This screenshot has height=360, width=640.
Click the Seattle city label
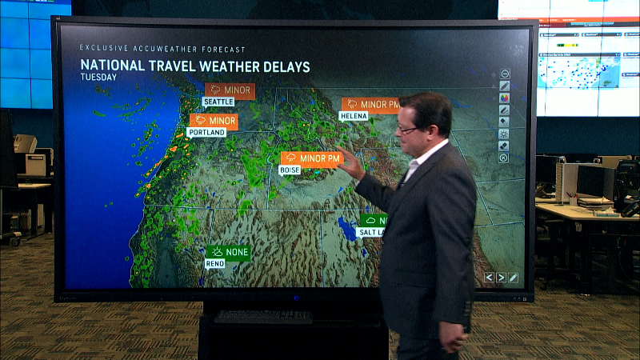pos(218,102)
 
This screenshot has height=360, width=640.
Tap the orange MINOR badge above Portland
pos(214,121)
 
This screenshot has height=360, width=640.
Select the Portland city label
pos(206,132)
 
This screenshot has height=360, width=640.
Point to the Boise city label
pos(290,170)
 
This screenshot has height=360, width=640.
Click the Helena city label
pos(353,116)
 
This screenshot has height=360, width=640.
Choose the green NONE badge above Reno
pos(229,252)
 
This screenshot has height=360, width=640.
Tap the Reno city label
pos(215,263)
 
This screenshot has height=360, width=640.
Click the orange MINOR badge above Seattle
pos(230,90)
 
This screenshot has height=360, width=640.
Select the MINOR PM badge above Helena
pos(370,104)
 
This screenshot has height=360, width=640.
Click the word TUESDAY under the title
pos(98,78)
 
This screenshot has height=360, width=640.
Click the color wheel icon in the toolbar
pos(505,98)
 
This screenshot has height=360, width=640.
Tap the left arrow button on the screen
pos(490,278)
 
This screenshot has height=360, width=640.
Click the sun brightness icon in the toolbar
pos(505,134)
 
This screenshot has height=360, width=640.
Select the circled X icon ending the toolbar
pos(504,158)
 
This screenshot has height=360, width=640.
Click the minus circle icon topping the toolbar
pos(505,74)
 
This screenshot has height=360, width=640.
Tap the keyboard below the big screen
pos(263,317)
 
